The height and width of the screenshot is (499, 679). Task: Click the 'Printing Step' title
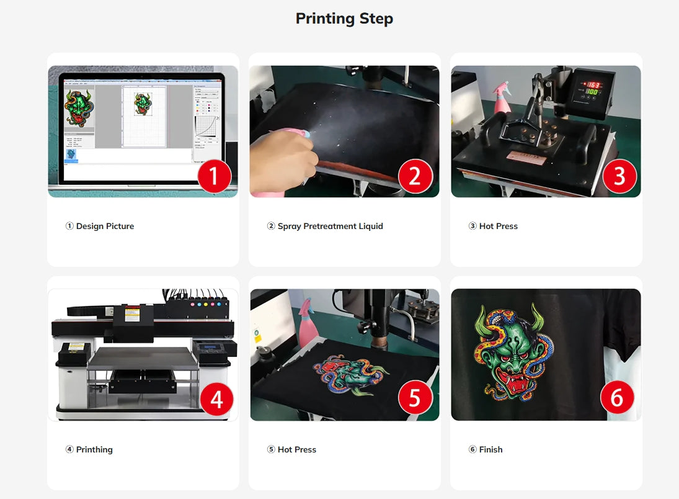344,19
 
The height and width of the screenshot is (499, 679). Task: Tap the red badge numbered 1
215,176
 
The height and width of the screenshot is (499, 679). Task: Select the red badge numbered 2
415,176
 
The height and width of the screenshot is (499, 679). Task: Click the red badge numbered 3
619,176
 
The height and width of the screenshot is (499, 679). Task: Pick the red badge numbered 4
216,399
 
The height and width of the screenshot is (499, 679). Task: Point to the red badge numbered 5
415,398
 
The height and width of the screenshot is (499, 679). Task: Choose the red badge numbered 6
617,398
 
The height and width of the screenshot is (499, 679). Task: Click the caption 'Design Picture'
105,227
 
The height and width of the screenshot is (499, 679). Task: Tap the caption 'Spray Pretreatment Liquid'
331,227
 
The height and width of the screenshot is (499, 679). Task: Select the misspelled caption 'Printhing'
94,449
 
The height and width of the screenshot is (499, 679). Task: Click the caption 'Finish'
491,449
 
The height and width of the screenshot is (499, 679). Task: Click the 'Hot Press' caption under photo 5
297,449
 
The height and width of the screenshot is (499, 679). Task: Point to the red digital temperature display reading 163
593,85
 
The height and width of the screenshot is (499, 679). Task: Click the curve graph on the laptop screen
206,127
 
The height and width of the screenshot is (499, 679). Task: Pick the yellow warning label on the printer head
132,313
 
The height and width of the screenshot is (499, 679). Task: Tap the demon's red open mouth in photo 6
511,382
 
